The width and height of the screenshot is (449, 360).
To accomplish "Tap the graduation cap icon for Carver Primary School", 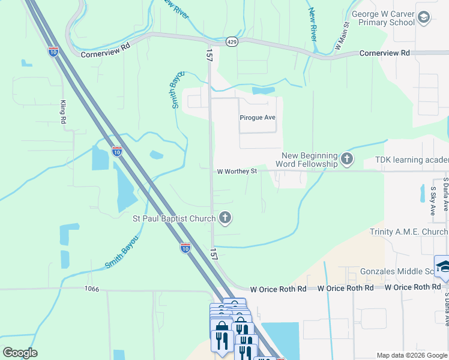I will click(x=424, y=17).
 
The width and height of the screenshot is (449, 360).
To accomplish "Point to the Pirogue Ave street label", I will click(x=257, y=118).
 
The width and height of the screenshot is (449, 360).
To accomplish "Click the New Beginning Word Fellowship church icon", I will click(x=346, y=159).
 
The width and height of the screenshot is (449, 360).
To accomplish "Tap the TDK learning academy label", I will click(x=412, y=160).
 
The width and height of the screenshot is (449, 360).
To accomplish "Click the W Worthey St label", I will click(x=237, y=171).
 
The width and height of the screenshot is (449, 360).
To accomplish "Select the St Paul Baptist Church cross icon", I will click(x=225, y=218).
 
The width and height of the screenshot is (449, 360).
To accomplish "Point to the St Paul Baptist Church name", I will click(x=173, y=218).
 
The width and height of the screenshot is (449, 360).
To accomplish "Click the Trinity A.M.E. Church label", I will click(x=409, y=232).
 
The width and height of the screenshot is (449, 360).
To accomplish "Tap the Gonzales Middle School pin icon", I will click(x=443, y=267).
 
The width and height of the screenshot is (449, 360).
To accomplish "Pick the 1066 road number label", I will click(x=91, y=289).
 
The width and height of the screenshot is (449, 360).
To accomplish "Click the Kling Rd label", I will click(x=62, y=112).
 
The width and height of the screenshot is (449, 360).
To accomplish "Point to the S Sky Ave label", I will click(x=432, y=201).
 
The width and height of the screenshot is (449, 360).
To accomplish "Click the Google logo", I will click(x=20, y=353).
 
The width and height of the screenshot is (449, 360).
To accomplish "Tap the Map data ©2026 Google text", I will click(x=411, y=355).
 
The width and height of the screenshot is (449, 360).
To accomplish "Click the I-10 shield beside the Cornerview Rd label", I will click(x=53, y=52).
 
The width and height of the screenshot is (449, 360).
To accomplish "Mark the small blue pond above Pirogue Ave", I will click(x=264, y=91).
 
